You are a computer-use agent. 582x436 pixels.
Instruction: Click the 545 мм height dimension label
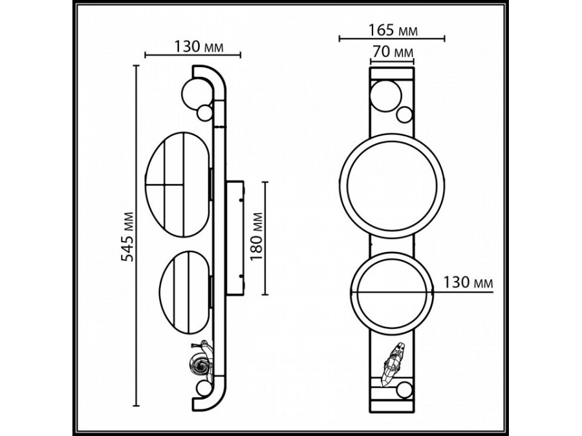pyautogui.click(x=127, y=236)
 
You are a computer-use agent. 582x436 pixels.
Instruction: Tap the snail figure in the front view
pyautogui.click(x=392, y=363)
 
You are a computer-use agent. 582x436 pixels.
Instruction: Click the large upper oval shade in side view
pyautogui.click(x=177, y=184)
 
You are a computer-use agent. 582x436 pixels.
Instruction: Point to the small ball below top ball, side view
pyautogui.click(x=206, y=112)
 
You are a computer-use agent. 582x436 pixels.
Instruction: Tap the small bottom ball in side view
pyautogui.click(x=204, y=389)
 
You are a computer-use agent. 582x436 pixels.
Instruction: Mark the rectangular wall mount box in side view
pyautogui.click(x=233, y=238)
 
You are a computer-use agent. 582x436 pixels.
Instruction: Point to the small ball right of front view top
pyautogui.click(x=405, y=115)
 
